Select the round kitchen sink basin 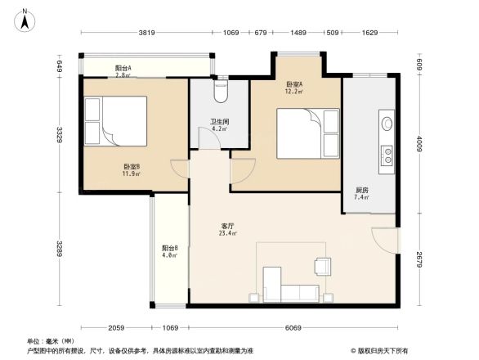(x=387, y=124)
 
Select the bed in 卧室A (x=307, y=133)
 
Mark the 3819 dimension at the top (x=147, y=33)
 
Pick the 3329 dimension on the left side (x=60, y=134)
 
